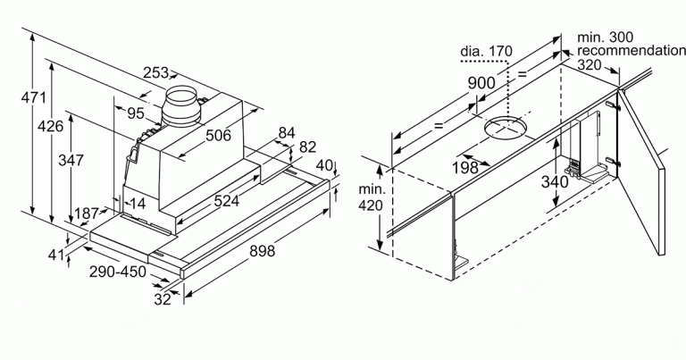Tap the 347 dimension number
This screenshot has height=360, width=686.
click(71, 161)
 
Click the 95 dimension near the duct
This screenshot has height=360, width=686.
click(136, 113)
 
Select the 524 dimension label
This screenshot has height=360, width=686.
click(224, 202)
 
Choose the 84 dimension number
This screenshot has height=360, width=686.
click(286, 132)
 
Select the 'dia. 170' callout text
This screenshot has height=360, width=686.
click(486, 51)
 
